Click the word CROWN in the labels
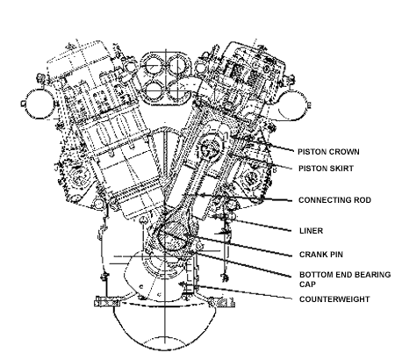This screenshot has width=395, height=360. coord(344,152)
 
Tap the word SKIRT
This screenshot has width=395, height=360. coord(341,169)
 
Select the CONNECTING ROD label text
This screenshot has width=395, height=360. coord(334,200)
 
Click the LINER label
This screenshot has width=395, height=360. coord(312,231)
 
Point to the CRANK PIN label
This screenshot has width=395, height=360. coord(321,255)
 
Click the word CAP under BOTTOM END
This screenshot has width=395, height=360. coord(307,284)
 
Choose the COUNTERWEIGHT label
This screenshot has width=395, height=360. coord(334,299)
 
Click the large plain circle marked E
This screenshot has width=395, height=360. coord(305,104)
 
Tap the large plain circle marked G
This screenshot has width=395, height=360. coord(27,104)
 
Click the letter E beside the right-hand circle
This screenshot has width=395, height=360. coord(309,105)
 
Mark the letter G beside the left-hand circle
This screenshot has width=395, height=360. coord(23,104)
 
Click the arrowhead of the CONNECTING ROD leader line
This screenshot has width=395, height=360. coord(200,195)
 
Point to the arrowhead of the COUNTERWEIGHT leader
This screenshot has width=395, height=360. coord(183,284)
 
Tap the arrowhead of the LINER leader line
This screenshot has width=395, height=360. coord(214,217)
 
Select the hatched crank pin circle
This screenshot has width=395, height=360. coord(172,236)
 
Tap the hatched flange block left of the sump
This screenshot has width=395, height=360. coord(107,302)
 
